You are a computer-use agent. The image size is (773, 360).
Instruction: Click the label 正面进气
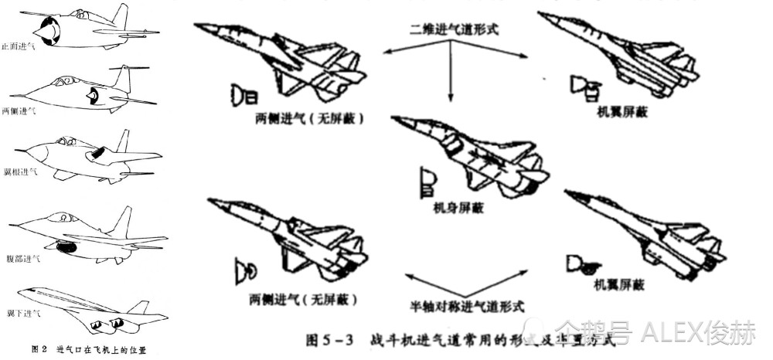[19, 46]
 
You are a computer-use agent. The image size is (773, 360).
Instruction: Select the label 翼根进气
[19, 172]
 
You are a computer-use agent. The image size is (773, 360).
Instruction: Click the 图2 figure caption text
[89, 350]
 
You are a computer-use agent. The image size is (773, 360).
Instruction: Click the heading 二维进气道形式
[448, 30]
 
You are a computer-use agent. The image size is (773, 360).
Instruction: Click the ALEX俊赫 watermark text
[700, 333]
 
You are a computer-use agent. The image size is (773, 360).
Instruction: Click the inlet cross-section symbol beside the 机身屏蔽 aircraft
[427, 181]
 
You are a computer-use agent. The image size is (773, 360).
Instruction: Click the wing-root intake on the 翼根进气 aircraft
[99, 154]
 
